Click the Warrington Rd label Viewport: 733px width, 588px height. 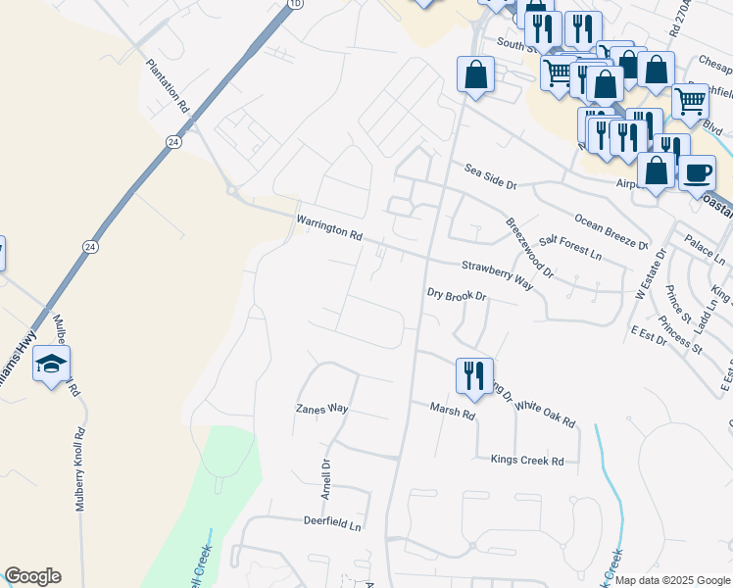point(329,230)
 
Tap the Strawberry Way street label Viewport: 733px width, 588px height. point(497,274)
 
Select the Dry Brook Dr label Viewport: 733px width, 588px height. point(457,294)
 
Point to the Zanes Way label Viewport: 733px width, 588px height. point(322,408)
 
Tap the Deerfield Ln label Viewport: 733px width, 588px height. point(332,522)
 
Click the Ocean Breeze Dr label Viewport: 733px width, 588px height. point(611,230)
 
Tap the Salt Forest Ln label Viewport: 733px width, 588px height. point(569,246)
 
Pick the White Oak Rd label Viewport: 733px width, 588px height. point(545,412)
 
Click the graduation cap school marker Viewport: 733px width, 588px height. point(51,365)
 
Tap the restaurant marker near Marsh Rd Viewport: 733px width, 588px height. point(472,375)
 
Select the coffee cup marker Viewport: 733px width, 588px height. point(697,173)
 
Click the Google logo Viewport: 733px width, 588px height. point(31,576)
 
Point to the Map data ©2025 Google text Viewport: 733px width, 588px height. point(671,580)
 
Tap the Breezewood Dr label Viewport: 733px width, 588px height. point(529,245)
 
